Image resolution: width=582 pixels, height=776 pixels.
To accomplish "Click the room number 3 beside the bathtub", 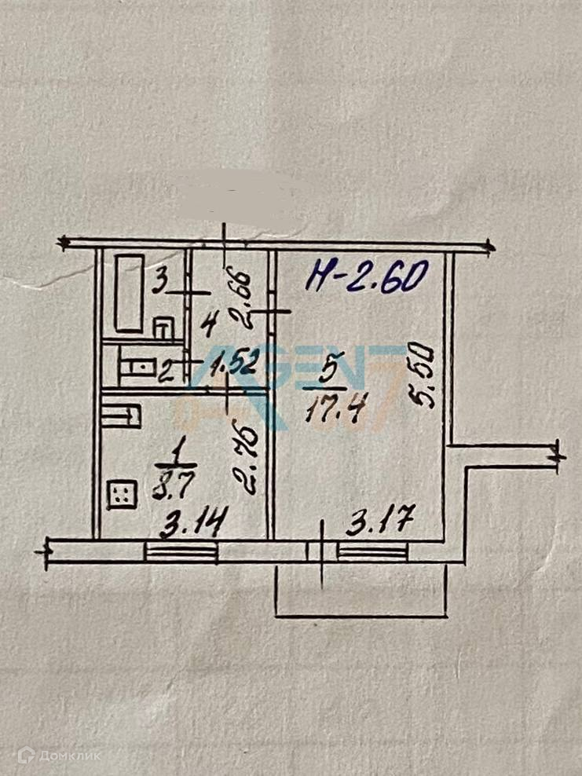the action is [x=159, y=280].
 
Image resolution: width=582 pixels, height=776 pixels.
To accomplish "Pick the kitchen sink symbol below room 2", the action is [x=121, y=415].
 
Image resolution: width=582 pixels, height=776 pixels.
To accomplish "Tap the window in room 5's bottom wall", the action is [x=372, y=552].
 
